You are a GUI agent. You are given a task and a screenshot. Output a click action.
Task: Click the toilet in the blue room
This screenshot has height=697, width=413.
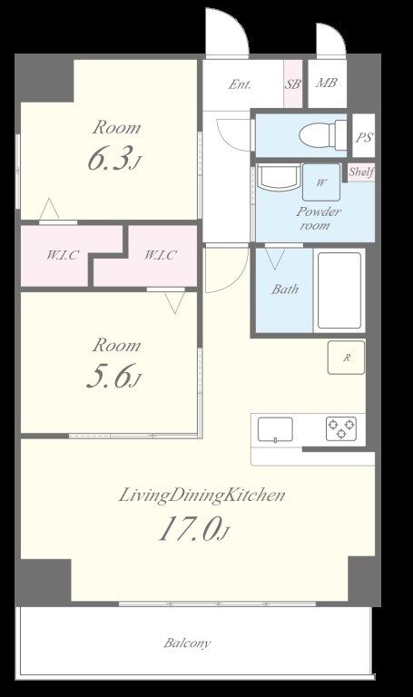point(323,134)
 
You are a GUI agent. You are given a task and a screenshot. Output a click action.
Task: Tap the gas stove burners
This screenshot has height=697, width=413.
point(341,428)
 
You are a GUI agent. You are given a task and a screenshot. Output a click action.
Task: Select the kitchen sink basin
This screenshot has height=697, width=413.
point(275,429)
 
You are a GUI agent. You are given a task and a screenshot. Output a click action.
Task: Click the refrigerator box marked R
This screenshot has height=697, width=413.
point(347,358)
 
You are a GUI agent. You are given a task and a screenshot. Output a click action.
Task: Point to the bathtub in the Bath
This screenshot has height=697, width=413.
point(339,290)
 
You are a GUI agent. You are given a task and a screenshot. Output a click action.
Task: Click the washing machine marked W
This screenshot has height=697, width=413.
point(321,182)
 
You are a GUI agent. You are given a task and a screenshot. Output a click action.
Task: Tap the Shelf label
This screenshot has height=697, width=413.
point(360,172)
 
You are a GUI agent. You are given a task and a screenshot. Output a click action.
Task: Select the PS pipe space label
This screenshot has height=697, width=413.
point(364,137)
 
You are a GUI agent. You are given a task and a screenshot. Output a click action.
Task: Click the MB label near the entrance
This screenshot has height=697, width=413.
point(326,83)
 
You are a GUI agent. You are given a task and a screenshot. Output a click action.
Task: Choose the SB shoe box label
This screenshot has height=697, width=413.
point(292,83)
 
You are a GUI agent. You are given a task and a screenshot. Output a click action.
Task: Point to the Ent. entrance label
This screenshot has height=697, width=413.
point(240,84)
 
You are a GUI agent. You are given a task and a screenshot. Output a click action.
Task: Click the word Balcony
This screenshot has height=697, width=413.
point(187,643)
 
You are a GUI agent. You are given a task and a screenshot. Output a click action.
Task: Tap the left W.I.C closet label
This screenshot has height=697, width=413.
point(63,255)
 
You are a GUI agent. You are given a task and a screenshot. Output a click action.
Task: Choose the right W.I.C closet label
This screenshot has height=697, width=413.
point(160,255)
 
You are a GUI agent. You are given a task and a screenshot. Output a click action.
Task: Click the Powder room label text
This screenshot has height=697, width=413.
point(319,218)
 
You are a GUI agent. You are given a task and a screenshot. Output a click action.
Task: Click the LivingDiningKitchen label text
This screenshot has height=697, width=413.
point(202,496)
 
